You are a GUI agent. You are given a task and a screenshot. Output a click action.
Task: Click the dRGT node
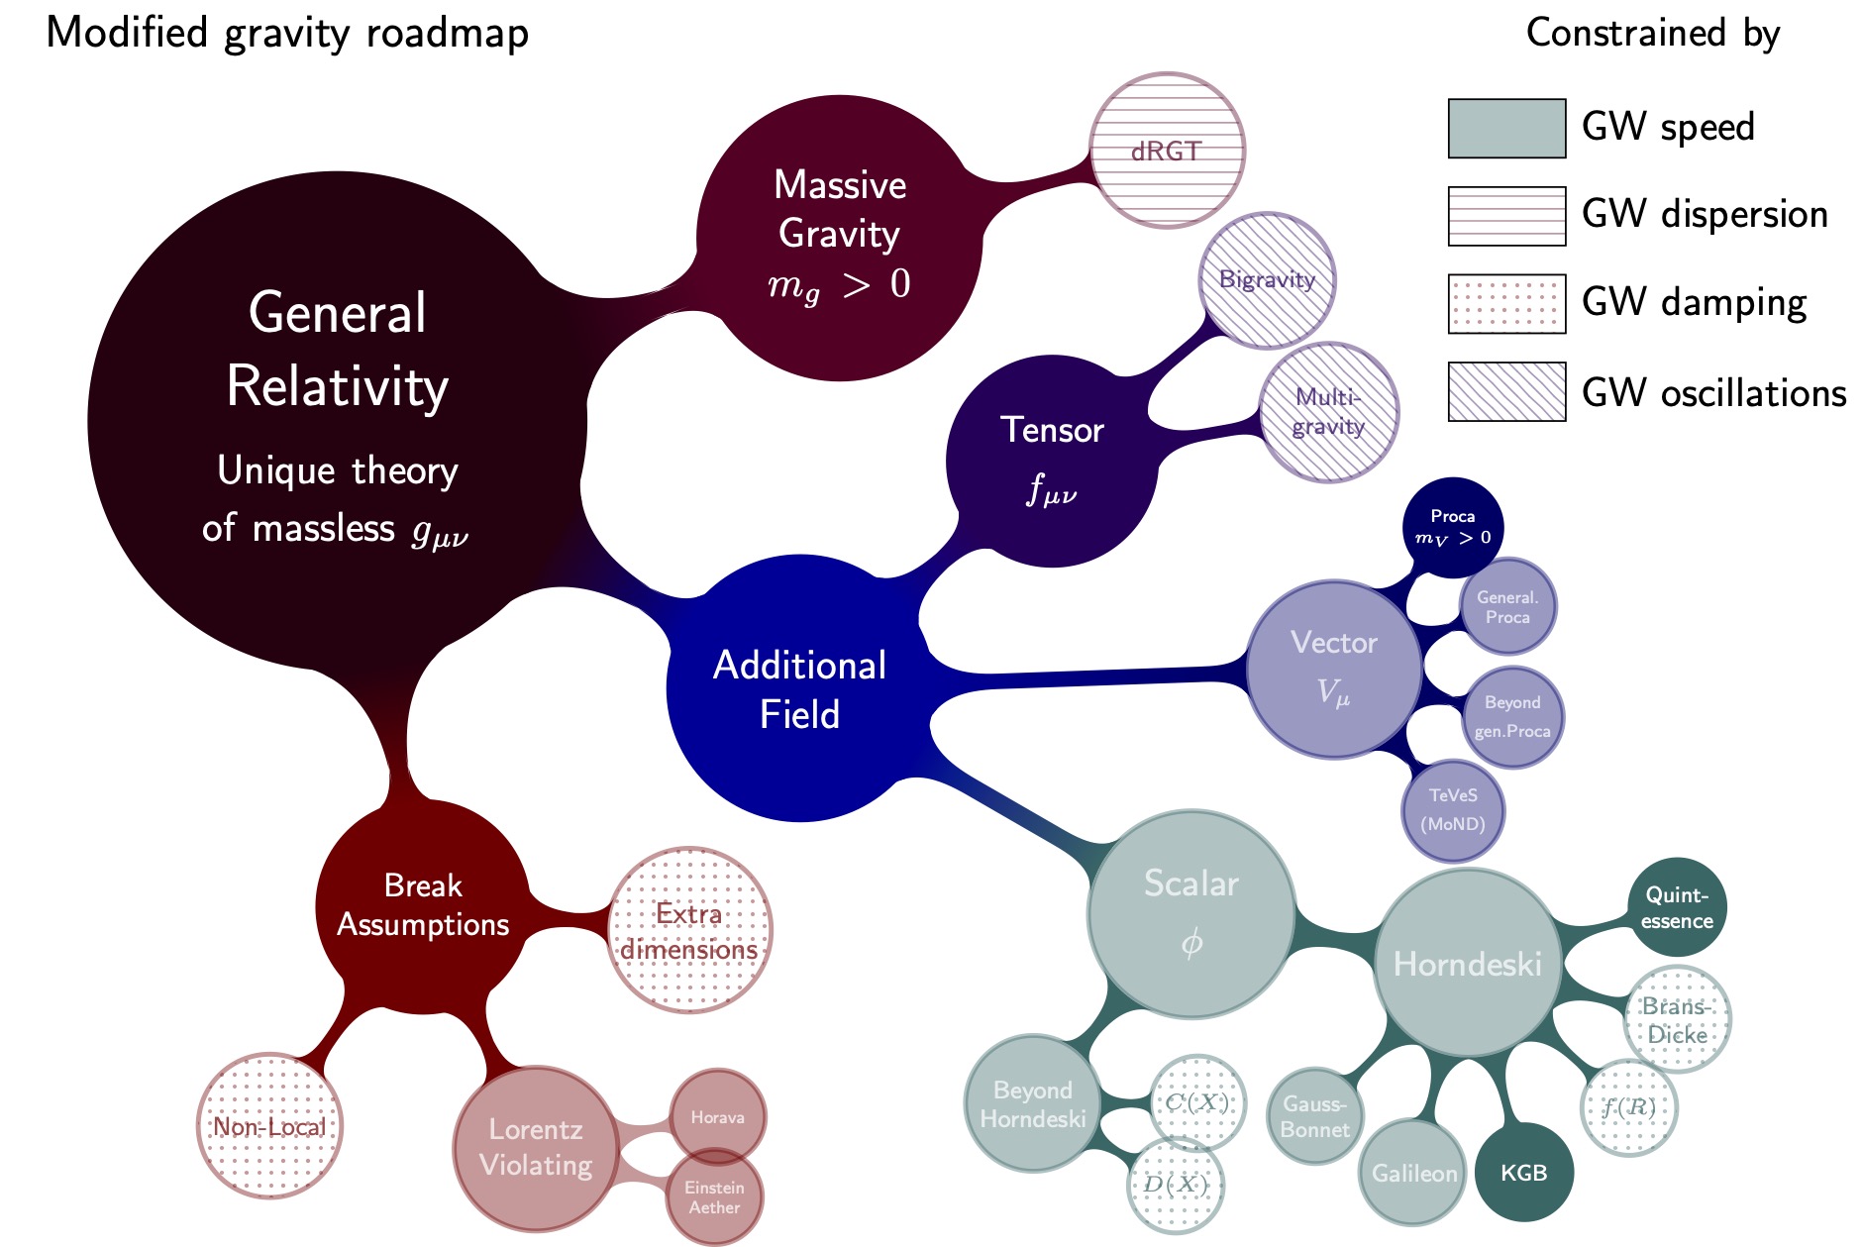1167,151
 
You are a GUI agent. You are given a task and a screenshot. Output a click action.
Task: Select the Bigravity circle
1267,280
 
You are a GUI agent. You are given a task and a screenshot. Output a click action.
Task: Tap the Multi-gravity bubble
1328,412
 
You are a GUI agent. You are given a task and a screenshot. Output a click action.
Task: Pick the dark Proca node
1453,527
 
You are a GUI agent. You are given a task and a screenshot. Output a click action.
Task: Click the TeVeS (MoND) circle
1453,810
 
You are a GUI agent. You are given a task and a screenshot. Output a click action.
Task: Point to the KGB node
1523,1173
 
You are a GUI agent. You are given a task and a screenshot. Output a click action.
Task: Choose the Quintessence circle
1677,907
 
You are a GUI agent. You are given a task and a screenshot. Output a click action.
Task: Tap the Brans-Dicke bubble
1677,1019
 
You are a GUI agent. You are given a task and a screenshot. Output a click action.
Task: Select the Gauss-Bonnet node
1315,1116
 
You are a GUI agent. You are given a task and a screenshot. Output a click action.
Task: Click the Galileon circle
1413,1173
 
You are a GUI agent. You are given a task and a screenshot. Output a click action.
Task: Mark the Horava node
717,1116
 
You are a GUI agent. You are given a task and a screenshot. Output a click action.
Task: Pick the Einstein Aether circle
715,1196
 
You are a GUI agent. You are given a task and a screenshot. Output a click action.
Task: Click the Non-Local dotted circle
269,1126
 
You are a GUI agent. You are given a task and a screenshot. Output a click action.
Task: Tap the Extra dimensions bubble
689,930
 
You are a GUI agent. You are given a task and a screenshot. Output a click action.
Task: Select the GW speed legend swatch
1506,128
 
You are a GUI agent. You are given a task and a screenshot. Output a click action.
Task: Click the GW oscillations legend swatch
1506,392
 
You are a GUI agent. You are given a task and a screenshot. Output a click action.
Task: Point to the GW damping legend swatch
1506,304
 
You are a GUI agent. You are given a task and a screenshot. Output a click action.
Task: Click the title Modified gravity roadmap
287,33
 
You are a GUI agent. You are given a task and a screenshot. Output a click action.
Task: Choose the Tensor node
1052,461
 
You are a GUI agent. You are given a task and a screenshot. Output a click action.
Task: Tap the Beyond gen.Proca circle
1512,717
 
